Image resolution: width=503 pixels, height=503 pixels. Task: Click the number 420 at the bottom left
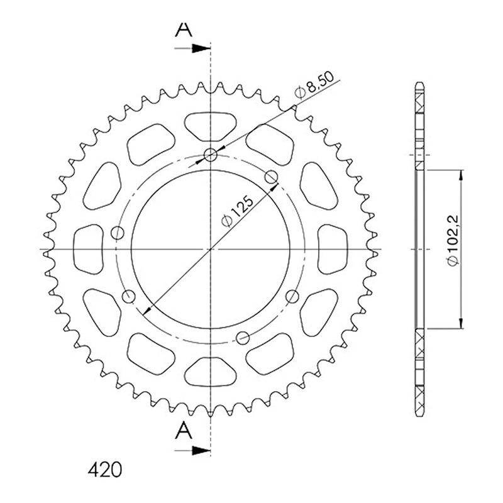[105, 470]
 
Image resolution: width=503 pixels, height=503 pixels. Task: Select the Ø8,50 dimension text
[314, 85]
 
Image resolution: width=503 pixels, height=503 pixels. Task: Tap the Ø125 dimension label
[238, 211]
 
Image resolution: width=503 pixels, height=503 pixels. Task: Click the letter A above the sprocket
[184, 29]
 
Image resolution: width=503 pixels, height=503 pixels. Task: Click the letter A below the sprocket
[184, 430]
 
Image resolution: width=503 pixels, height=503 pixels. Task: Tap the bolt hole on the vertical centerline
[211, 155]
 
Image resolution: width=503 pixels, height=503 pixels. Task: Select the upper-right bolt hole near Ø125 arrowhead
[272, 176]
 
